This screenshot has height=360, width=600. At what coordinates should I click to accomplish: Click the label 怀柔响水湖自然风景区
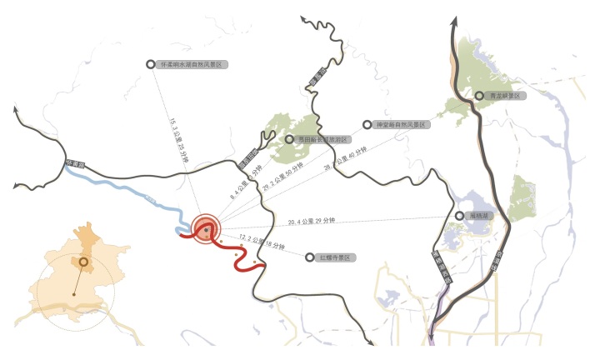tap(192, 63)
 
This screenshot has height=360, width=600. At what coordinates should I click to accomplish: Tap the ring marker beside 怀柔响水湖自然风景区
tap(150, 63)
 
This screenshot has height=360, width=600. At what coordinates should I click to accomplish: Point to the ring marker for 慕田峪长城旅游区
tap(289, 140)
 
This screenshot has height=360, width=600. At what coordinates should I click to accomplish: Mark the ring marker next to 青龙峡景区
tap(478, 96)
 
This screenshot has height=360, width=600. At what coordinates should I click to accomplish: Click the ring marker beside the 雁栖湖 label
tap(459, 216)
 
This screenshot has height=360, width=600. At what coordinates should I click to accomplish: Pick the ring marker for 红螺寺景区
tap(310, 257)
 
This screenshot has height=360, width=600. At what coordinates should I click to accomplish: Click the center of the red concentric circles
tap(206, 228)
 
